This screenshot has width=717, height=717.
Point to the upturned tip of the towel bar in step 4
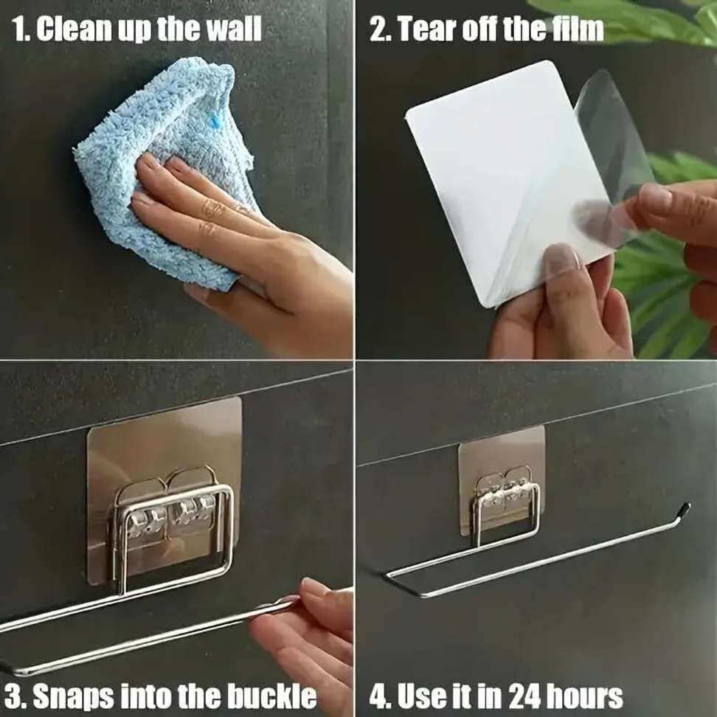(685, 508)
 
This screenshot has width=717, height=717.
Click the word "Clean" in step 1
(74, 30)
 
